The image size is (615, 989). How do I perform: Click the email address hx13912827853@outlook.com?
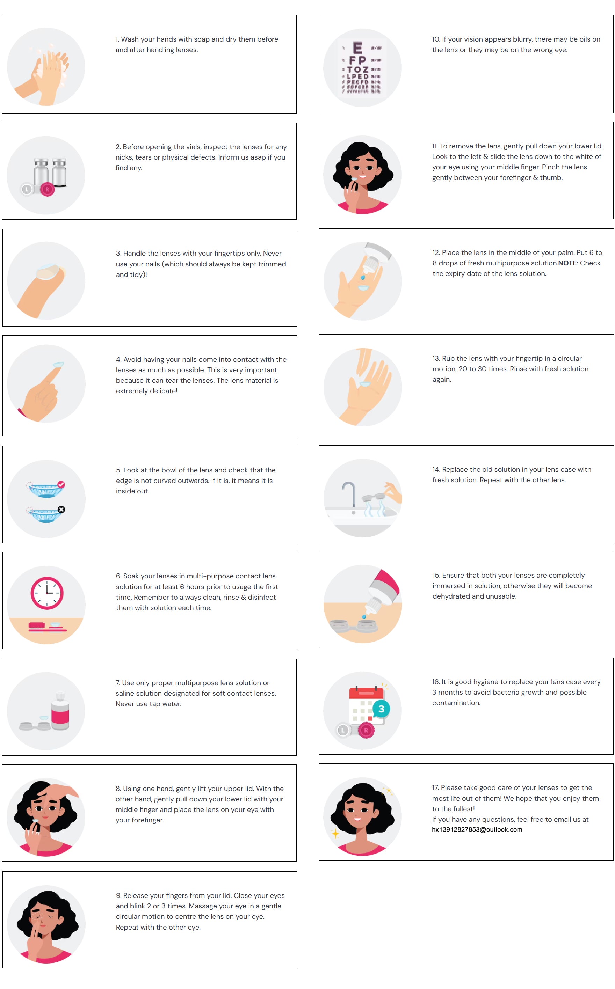pos(477,829)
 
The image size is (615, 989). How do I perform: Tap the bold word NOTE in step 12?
pos(567,263)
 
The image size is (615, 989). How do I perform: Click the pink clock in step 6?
pos(47,593)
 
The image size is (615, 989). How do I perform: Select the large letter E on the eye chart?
pos(357,48)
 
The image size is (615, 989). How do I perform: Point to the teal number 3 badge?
pos(381,709)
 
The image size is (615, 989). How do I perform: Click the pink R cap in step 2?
pos(47,189)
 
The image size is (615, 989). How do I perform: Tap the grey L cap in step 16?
pos(343,731)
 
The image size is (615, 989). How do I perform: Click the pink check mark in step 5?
pos(61,484)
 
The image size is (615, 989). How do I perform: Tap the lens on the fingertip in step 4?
pos(58,364)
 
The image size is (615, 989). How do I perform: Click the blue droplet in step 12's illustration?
pos(363,278)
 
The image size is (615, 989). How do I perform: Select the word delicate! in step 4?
pos(164,391)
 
